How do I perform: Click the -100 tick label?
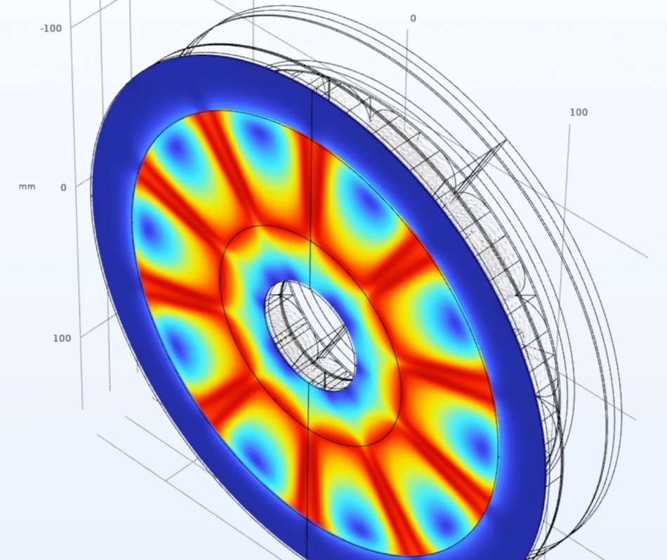pos(51,29)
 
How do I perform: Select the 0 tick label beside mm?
pos(63,187)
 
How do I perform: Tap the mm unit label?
pos(27,187)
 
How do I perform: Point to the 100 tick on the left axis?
pos(62,338)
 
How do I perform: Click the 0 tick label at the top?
pos(413,18)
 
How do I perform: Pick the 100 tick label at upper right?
pos(579,112)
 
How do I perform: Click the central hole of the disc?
pos(310,336)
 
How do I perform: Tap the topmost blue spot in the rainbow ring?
pos(258,136)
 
